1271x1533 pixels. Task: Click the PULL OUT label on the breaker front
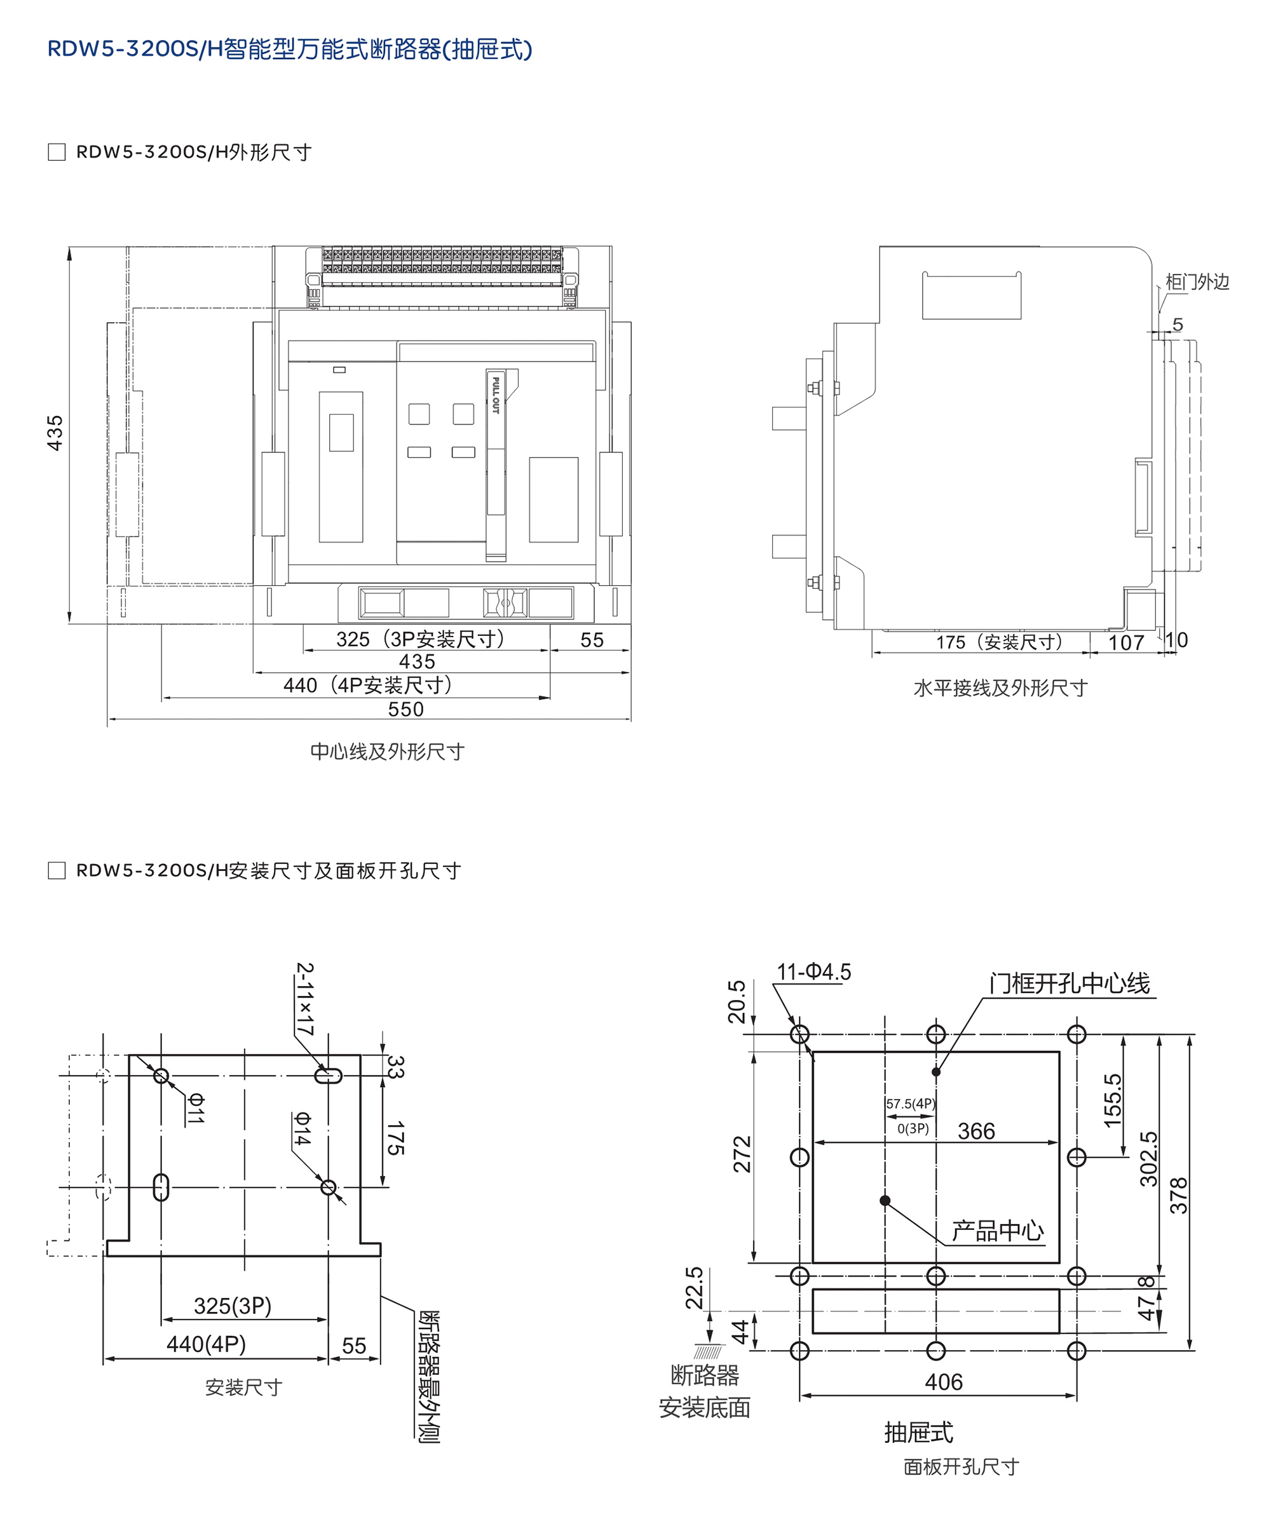click(x=496, y=395)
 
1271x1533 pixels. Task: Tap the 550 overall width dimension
click(x=406, y=709)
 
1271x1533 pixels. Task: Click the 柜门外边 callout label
click(x=1197, y=282)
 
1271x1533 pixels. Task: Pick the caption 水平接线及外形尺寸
click(x=1000, y=687)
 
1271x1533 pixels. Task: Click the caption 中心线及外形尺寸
click(x=388, y=751)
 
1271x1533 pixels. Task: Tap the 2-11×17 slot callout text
click(x=305, y=999)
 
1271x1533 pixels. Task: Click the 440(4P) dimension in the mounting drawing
click(x=206, y=1344)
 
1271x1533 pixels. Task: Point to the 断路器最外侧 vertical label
click(x=428, y=1376)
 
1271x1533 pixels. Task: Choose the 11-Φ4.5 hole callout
click(x=814, y=971)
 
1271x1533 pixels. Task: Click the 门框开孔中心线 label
click(x=1070, y=983)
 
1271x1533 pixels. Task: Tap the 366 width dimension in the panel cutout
click(x=976, y=1131)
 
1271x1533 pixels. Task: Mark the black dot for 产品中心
click(x=885, y=1200)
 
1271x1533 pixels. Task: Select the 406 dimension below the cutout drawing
click(x=943, y=1382)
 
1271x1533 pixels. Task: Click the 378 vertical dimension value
click(x=1179, y=1196)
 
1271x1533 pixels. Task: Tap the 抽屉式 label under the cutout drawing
click(x=918, y=1432)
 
